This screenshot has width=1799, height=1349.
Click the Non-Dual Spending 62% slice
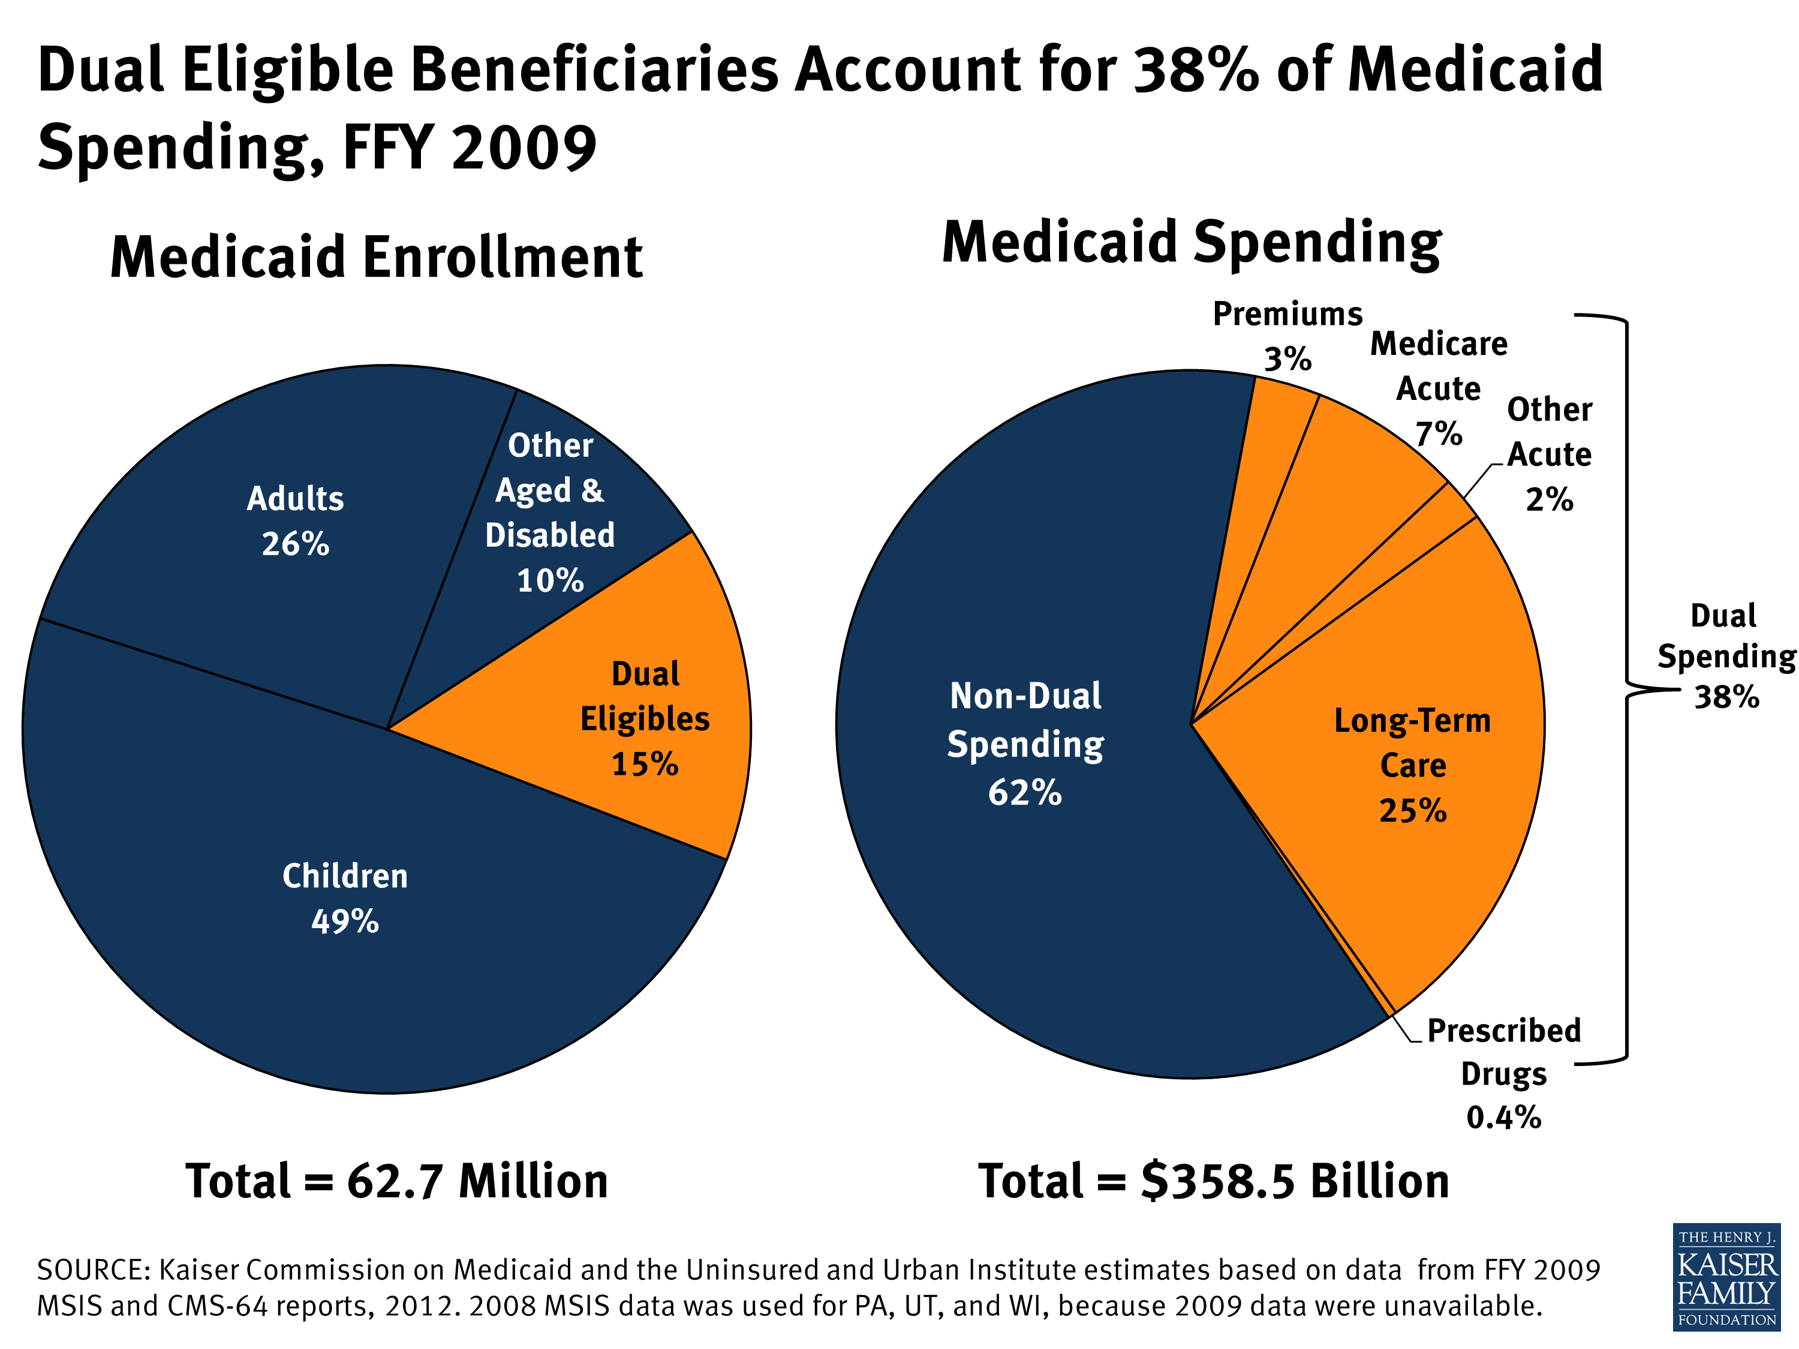[1025, 743]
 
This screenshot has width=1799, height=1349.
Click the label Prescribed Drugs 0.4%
[1503, 1073]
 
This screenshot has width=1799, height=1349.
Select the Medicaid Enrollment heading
[376, 258]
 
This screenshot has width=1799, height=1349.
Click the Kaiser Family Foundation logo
[1726, 1276]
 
